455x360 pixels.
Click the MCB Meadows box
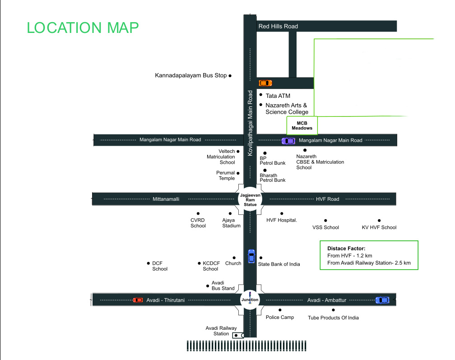click(302, 125)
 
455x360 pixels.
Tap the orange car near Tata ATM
click(265, 83)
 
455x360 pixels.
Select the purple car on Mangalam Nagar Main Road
click(288, 141)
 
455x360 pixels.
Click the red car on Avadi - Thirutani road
click(138, 300)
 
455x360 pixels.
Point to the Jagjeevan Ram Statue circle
click(248, 198)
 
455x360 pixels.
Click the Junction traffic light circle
click(250, 300)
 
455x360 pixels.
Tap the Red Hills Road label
click(278, 27)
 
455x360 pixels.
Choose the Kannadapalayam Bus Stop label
click(190, 76)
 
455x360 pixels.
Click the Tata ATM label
click(278, 96)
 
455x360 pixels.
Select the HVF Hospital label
click(282, 220)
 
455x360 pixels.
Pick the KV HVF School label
click(379, 227)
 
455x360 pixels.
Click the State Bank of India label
click(279, 264)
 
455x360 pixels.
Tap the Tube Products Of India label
click(333, 318)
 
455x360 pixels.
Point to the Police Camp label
click(280, 317)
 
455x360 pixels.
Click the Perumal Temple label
click(226, 175)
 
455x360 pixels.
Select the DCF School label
click(159, 266)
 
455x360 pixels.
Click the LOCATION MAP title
click(83, 28)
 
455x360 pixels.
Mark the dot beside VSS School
click(326, 221)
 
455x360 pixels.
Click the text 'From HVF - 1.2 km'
click(350, 255)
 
